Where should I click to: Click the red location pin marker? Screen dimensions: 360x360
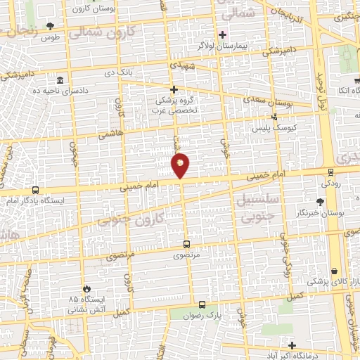click(181, 165)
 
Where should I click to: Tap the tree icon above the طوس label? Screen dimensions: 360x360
click(50, 26)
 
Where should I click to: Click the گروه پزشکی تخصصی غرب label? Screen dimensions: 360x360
click(174, 105)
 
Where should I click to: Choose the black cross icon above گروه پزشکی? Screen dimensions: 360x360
click(174, 89)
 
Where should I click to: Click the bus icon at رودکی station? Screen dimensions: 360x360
click(330, 172)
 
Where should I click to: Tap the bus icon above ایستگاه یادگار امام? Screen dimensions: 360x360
click(35, 190)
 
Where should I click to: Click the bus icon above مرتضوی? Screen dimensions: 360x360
click(186, 245)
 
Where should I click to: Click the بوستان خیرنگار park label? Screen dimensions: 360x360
click(328, 212)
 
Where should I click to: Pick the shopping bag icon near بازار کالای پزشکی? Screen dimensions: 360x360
click(335, 271)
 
